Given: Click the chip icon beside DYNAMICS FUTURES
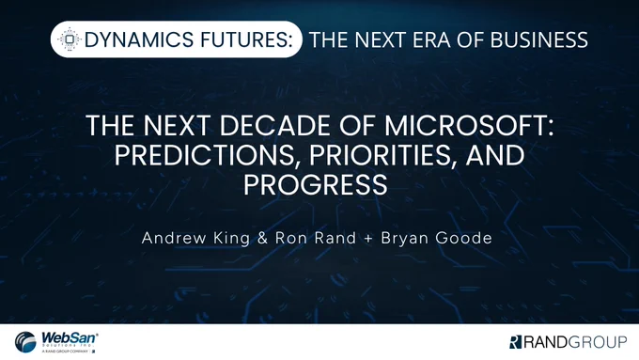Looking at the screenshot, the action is pyautogui.click(x=70, y=39).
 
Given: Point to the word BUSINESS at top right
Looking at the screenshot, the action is pyautogui.click(x=539, y=40).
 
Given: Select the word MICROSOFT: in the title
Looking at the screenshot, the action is pyautogui.click(x=469, y=126).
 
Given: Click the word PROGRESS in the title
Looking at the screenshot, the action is pyautogui.click(x=316, y=184).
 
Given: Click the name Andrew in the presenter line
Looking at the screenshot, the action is pyautogui.click(x=174, y=238).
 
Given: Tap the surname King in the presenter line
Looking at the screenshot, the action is pyautogui.click(x=231, y=239).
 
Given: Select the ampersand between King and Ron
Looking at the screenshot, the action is pyautogui.click(x=263, y=238).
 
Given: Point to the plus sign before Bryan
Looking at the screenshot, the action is pyautogui.click(x=368, y=239).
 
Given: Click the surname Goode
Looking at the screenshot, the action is pyautogui.click(x=464, y=238).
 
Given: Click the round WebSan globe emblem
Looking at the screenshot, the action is pyautogui.click(x=25, y=342).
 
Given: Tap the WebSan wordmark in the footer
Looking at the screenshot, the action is pyautogui.click(x=70, y=338).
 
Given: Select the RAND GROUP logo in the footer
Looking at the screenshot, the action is pyautogui.click(x=569, y=342).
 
